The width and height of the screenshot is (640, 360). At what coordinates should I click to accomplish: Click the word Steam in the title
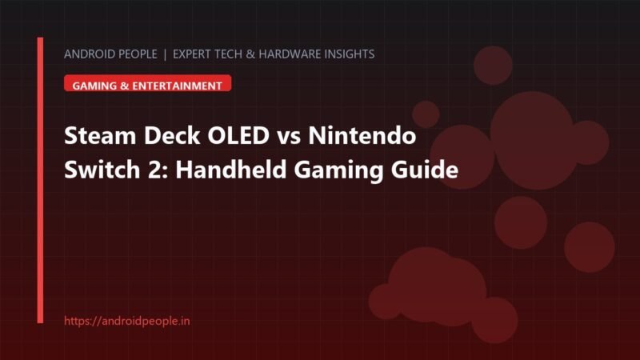100,135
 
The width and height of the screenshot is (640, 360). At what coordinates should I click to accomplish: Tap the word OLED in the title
238,135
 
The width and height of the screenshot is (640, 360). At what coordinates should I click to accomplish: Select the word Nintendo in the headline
362,135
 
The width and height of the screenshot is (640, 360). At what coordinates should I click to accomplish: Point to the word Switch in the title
102,170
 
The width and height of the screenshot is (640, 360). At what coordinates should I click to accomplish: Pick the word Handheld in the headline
231,170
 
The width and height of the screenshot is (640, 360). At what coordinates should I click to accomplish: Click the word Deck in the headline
172,135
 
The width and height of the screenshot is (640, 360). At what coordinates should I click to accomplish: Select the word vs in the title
289,138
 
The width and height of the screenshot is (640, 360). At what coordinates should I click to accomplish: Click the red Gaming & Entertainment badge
148,83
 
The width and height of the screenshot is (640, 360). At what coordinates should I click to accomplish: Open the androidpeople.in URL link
127,321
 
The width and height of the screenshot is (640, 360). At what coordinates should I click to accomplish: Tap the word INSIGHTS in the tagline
350,54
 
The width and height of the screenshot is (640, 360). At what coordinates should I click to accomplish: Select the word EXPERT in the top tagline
191,54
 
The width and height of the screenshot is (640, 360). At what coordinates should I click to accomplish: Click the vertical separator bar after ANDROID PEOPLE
165,54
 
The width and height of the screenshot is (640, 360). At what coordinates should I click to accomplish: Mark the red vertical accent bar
40,180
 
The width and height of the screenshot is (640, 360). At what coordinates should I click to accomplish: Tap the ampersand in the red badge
124,86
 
